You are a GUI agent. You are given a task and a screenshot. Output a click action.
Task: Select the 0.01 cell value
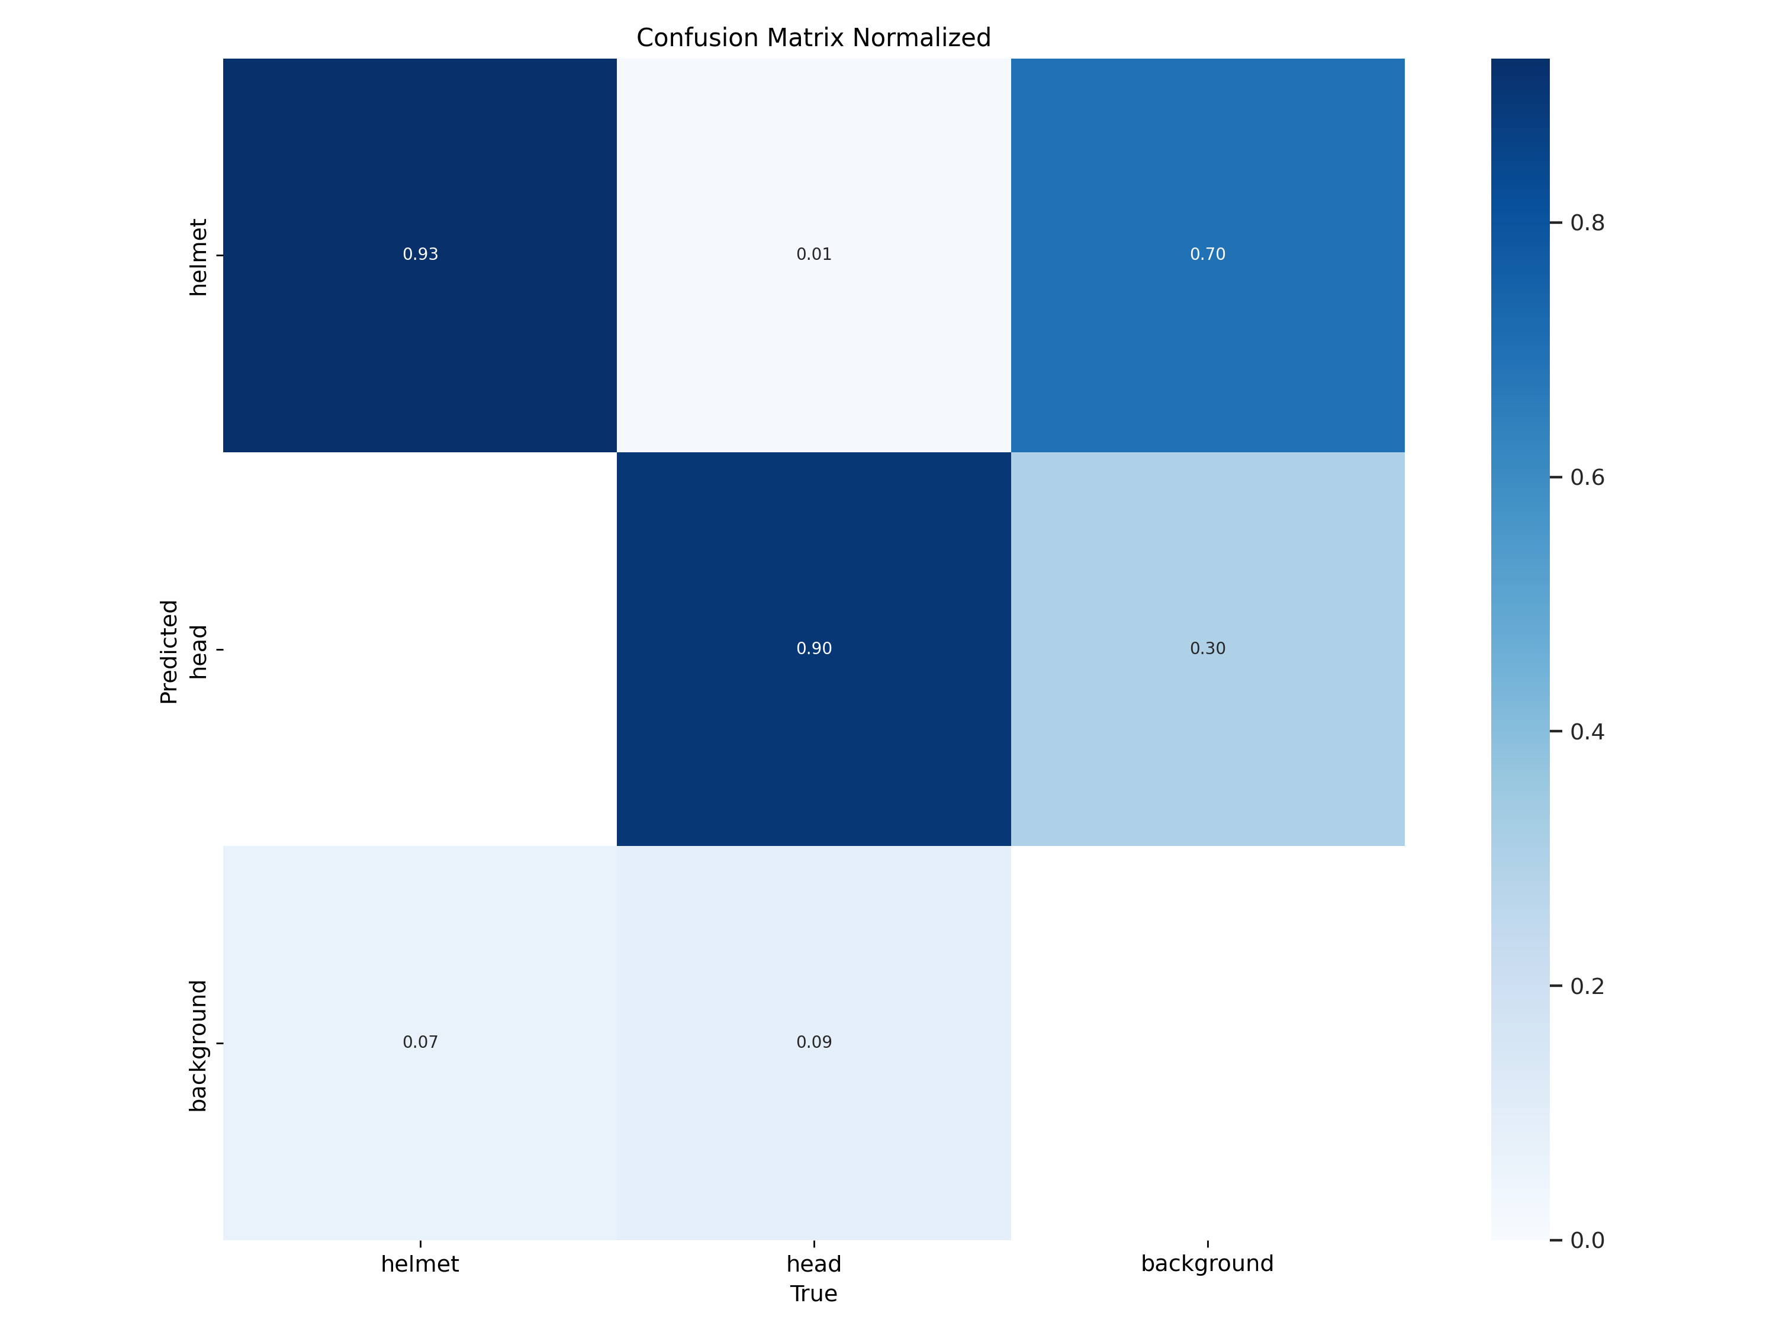[x=813, y=255]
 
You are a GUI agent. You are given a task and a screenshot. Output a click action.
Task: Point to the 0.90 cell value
[x=813, y=649]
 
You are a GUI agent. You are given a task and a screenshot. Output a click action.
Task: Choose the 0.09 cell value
[x=813, y=1042]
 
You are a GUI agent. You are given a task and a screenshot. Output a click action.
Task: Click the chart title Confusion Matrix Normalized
[x=813, y=38]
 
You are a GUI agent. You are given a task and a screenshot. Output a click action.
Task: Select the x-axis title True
[x=813, y=1294]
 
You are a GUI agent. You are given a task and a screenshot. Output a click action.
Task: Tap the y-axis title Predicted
[x=169, y=651]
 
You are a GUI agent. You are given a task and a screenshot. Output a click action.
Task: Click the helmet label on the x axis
[x=420, y=1264]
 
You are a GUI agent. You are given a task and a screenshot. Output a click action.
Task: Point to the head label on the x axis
[x=813, y=1264]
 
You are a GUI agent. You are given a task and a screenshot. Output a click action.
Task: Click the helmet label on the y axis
[x=198, y=257]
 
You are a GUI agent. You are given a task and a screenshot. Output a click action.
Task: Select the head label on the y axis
[x=198, y=652]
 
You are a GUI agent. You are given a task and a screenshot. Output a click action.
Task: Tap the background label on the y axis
[x=198, y=1045]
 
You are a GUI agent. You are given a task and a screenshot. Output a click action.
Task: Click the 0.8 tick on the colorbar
[x=1587, y=223]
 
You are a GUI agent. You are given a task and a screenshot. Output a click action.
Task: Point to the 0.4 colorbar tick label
[x=1587, y=732]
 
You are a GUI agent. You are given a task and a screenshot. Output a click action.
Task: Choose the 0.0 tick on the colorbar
[x=1587, y=1240]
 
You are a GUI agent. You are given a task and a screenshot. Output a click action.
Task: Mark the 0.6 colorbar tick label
[x=1587, y=477]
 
